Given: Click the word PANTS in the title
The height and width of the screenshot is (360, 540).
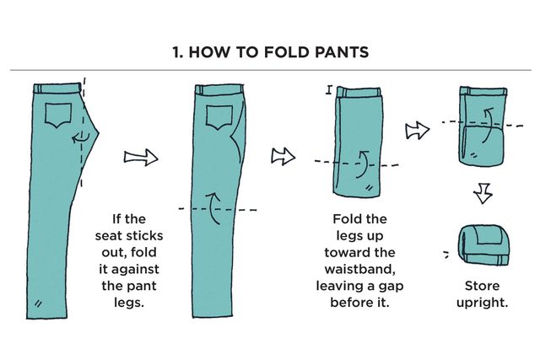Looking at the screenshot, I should coord(337,53).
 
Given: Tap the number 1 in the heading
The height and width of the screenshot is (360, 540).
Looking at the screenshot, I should coord(175,53).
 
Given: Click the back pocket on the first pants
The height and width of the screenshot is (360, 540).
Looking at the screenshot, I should coord(59,116).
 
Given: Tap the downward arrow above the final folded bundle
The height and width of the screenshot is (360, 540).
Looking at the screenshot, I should coord(482,195).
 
